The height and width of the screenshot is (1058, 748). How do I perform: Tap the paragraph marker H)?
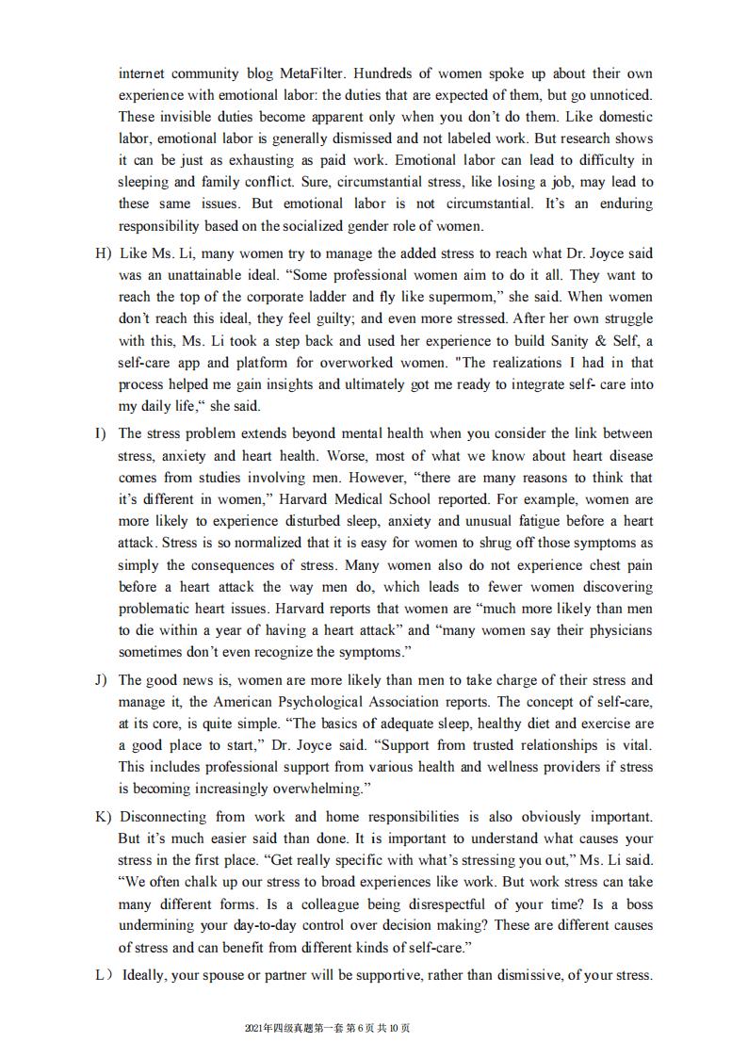pyautogui.click(x=103, y=253)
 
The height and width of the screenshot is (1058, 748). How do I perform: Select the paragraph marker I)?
pyautogui.click(x=100, y=433)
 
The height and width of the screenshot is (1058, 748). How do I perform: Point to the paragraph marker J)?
pyautogui.click(x=102, y=680)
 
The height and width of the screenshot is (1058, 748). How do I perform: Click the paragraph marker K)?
pyautogui.click(x=104, y=817)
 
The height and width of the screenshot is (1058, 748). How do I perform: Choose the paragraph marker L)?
pyautogui.click(x=106, y=975)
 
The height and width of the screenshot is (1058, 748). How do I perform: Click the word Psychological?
pyautogui.click(x=364, y=702)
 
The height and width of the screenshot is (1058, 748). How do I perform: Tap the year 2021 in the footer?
pyautogui.click(x=254, y=1028)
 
